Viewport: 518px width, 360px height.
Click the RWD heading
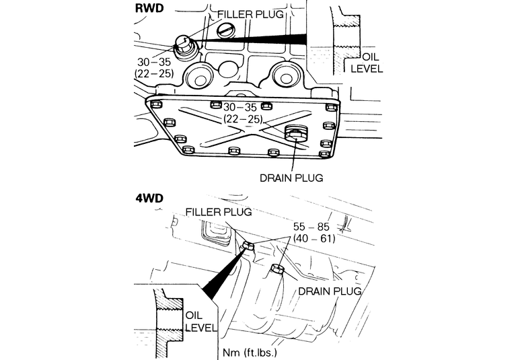coord(149,8)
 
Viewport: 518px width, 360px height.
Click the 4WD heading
coord(149,198)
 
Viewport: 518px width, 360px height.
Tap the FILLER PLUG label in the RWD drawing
coord(250,14)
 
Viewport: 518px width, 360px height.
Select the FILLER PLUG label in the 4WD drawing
coord(219,211)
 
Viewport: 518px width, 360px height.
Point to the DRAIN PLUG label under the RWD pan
coord(291,178)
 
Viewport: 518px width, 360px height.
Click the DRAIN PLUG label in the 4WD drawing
coord(330,291)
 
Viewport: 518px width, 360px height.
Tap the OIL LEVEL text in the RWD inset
coord(367,63)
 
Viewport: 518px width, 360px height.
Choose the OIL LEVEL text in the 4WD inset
coord(201,322)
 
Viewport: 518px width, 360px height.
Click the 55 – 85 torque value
coord(311,227)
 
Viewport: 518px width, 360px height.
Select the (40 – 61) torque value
coord(314,238)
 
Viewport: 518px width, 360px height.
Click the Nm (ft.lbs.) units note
coord(250,353)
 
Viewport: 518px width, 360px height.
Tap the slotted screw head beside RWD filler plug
coord(225,32)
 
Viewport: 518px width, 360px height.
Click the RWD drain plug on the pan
coord(296,133)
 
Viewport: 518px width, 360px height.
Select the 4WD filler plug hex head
coord(248,246)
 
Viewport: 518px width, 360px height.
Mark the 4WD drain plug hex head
coord(277,269)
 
